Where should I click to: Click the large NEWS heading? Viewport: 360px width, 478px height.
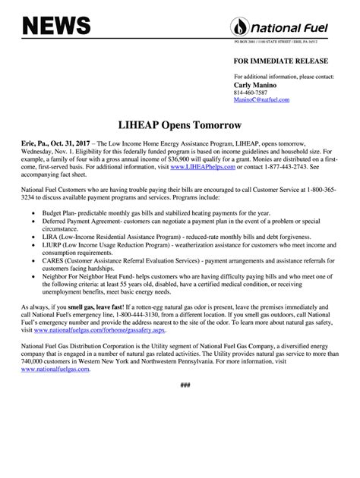coord(57,27)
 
